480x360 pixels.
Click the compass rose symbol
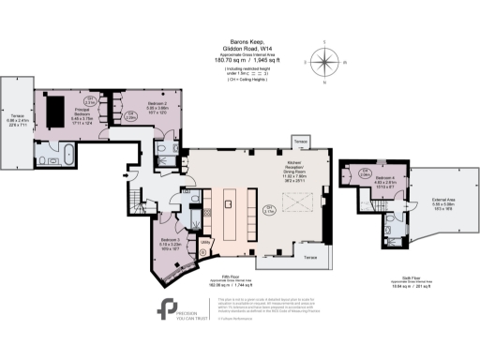point(326,63)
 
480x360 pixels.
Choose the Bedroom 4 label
point(386,179)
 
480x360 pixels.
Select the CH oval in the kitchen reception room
point(270,209)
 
